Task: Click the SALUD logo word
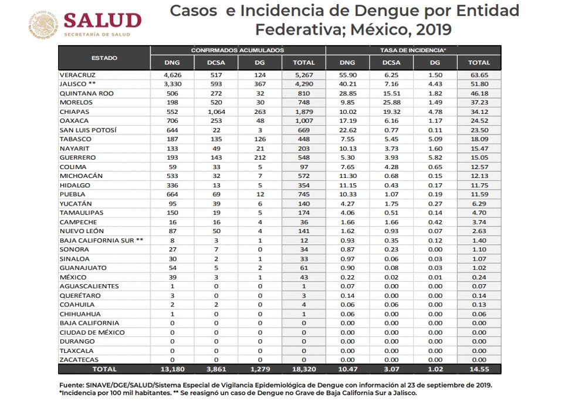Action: coord(102,21)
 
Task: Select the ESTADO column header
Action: coord(104,58)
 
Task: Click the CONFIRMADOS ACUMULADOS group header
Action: coord(238,50)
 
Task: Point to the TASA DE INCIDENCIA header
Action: coord(413,50)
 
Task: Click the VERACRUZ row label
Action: coord(77,75)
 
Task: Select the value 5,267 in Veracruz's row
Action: coord(304,75)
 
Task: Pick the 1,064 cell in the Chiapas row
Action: coord(215,112)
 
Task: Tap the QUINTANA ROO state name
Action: coord(87,93)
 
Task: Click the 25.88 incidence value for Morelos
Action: coord(391,103)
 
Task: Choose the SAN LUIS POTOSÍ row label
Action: coord(88,130)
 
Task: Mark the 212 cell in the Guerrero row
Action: coord(259,157)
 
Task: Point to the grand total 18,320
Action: coord(304,369)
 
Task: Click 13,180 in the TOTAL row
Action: coord(172,369)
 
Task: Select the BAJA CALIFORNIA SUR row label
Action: coord(101,240)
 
